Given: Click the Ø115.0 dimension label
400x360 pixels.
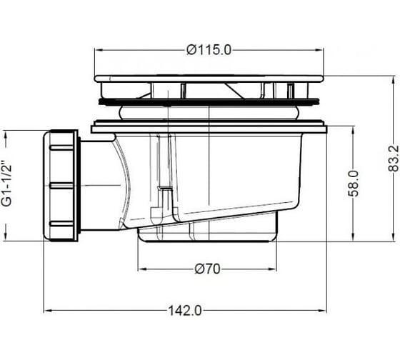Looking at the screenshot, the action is tap(209, 50).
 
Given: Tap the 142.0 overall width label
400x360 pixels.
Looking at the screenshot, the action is tap(185, 311).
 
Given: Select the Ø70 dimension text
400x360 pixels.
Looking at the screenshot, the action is tap(207, 269).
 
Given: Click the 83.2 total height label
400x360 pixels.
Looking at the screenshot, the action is tap(393, 158).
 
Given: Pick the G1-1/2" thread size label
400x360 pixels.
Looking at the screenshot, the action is tap(7, 183).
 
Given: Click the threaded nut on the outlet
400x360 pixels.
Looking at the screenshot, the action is tap(61, 186).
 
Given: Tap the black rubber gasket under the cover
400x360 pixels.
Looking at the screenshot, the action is tap(209, 102).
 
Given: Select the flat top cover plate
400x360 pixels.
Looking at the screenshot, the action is tap(209, 79).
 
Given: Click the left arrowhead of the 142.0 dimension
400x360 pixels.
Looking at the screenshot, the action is tap(48, 311).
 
